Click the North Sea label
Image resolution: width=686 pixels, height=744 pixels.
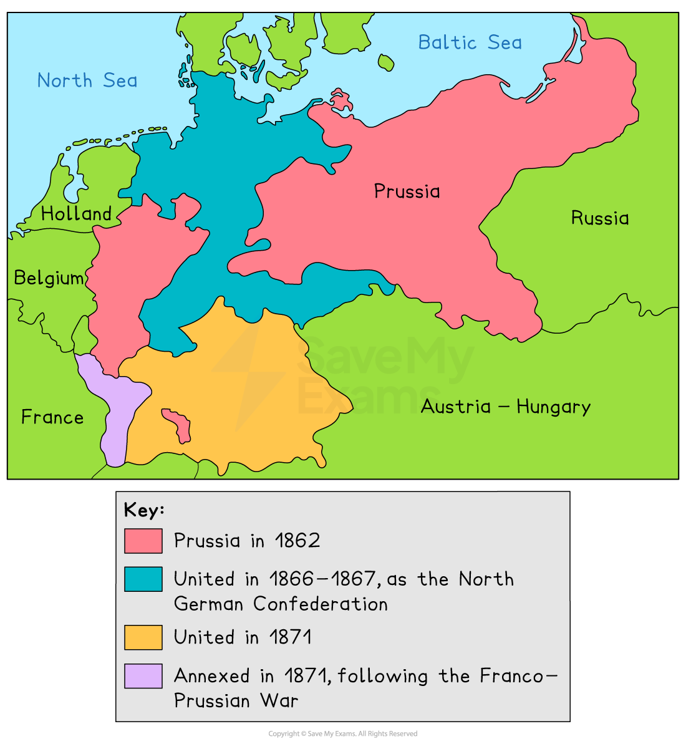[x=87, y=80]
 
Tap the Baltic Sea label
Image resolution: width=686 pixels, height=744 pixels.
[x=470, y=42]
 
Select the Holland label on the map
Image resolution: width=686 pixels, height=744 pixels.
[x=76, y=214]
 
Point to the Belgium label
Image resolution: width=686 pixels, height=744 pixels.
[x=49, y=278]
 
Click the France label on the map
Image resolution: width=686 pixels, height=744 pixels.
[x=52, y=417]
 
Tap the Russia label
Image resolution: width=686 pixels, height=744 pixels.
[x=600, y=218]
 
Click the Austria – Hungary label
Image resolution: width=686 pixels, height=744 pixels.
[x=506, y=407]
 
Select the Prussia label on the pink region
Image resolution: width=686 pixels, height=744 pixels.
[x=407, y=191]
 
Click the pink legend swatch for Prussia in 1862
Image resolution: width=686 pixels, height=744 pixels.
[x=143, y=541]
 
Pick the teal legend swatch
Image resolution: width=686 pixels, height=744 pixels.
[x=143, y=579]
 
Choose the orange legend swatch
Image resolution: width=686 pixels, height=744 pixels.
[x=143, y=637]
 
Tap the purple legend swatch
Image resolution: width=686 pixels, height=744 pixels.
[x=143, y=676]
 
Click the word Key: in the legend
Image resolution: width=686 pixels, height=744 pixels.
[x=144, y=510]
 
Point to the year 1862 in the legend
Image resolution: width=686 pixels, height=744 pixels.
[x=297, y=540]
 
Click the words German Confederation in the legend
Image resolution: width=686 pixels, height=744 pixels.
[x=281, y=604]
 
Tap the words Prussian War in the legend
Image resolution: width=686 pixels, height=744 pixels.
[x=236, y=700]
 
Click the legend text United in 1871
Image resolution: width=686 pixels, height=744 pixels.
[x=243, y=637]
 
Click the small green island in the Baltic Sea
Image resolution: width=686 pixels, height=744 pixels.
[x=386, y=62]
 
